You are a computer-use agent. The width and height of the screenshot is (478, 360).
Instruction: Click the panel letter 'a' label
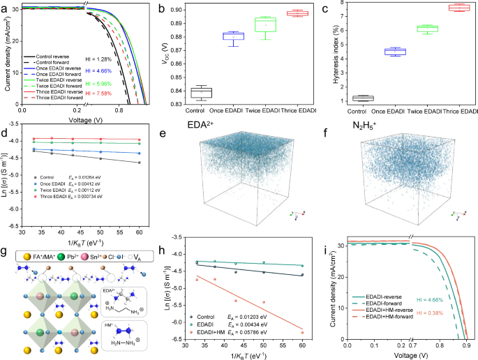[5, 7]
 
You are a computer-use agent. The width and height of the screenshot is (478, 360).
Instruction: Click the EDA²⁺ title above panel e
[203, 130]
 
